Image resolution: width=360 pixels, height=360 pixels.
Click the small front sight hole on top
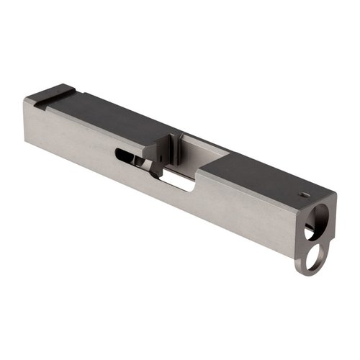(x=303, y=192)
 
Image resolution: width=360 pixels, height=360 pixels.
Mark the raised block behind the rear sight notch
(x=40, y=99)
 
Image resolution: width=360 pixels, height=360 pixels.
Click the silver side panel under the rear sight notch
(x=65, y=137)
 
